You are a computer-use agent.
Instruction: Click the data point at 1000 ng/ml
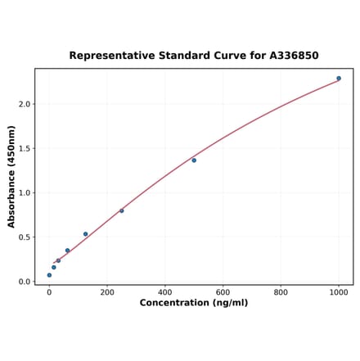pyautogui.click(x=339, y=79)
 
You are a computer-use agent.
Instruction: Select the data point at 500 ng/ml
pyautogui.click(x=194, y=160)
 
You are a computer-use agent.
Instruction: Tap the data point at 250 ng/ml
pyautogui.click(x=122, y=211)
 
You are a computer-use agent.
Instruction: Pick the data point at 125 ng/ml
pyautogui.click(x=85, y=234)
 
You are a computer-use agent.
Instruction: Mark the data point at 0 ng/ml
pyautogui.click(x=49, y=275)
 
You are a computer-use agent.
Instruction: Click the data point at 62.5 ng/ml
pyautogui.click(x=67, y=250)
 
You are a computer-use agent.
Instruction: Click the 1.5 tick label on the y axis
pyautogui.click(x=25, y=149)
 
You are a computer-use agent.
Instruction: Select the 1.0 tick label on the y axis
pyautogui.click(x=25, y=193)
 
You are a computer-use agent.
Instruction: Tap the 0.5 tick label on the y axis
pyautogui.click(x=25, y=237)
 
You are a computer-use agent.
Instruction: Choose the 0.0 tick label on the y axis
pyautogui.click(x=25, y=282)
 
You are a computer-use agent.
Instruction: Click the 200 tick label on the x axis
pyautogui.click(x=107, y=291)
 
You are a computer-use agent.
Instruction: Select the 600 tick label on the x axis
pyautogui.click(x=223, y=291)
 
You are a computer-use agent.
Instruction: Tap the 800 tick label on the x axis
pyautogui.click(x=281, y=291)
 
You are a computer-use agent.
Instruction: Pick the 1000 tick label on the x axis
pyautogui.click(x=339, y=291)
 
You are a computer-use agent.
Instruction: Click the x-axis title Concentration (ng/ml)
pyautogui.click(x=194, y=303)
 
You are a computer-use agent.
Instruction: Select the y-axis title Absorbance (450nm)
pyautogui.click(x=11, y=176)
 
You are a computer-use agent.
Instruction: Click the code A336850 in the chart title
pyautogui.click(x=294, y=56)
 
